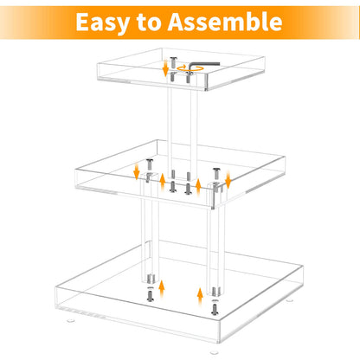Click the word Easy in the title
107,21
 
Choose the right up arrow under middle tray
199,185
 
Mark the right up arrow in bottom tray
199,297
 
